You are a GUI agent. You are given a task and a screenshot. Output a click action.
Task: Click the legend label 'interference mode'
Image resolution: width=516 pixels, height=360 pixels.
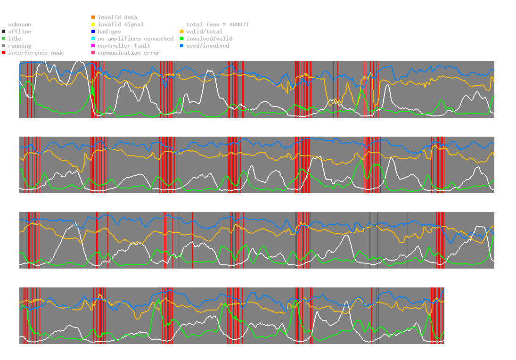pos(36,53)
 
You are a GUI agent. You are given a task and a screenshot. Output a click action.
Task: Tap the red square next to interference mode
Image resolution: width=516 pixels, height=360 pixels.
pos(4,53)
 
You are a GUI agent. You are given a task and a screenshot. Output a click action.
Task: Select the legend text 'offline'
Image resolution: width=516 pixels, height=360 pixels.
pos(20,32)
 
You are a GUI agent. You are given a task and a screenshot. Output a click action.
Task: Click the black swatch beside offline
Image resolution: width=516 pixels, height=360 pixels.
pos(4,32)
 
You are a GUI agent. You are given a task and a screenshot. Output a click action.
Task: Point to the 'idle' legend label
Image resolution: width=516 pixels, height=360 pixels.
pos(15,39)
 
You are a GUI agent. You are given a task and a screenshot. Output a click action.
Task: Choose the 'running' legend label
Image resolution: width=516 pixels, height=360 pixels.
pos(20,46)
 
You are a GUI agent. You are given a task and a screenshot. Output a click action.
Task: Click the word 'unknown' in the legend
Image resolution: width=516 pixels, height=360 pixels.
pos(20,25)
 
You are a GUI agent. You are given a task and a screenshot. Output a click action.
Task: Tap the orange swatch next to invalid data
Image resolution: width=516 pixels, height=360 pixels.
pos(93,17)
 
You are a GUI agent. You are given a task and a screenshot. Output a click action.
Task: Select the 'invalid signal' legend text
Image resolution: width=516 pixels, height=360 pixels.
pos(121,25)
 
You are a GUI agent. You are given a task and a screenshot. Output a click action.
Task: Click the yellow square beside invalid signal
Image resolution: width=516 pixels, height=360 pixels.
pos(93,25)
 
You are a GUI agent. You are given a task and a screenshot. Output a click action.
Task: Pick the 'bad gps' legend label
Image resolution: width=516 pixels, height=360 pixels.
pos(109,32)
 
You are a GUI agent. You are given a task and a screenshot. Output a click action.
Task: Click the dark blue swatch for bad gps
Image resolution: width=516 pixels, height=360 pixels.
pos(93,32)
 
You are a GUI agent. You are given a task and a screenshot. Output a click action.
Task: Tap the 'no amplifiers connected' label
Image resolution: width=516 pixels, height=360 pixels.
pos(136,39)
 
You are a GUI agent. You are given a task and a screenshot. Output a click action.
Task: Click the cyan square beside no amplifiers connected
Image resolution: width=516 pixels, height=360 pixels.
pos(93,39)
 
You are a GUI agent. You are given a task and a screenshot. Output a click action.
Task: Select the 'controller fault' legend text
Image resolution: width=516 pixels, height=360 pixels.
pos(124,46)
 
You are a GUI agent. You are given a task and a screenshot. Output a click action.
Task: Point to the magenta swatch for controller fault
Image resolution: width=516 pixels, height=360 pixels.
pos(93,46)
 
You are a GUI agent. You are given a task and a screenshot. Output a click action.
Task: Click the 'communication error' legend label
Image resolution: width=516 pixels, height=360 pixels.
pos(129,53)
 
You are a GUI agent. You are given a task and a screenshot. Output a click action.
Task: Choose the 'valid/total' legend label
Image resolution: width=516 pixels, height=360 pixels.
pos(205,32)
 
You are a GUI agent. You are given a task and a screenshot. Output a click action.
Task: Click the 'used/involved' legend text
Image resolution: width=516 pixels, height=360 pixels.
pos(208,46)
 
